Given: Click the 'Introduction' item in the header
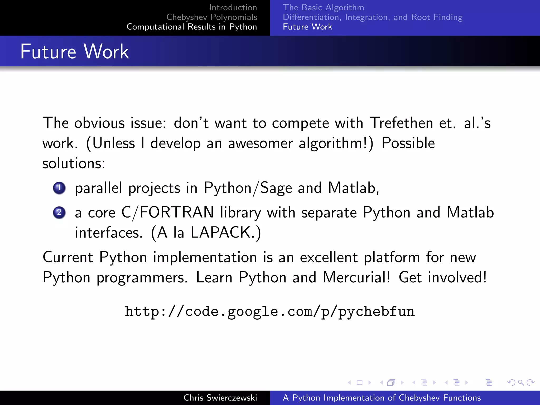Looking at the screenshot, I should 233,7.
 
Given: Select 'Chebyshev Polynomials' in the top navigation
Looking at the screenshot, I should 212,17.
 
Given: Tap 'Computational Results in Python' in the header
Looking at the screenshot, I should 192,27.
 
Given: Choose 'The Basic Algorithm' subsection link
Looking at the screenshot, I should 323,7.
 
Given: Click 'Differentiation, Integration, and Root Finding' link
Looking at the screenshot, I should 373,17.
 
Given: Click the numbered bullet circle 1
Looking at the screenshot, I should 59,188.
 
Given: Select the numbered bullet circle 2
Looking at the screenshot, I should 59,213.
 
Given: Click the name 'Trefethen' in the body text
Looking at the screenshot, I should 401,123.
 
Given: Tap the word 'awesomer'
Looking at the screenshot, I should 260,143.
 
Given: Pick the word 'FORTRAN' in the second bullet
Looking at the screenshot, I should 177,213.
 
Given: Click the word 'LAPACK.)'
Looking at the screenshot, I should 226,233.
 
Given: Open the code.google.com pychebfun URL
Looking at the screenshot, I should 270,311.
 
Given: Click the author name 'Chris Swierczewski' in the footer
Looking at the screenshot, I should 220,398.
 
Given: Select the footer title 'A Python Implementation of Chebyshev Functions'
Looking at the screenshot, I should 382,398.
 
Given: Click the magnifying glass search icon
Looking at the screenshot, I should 521,382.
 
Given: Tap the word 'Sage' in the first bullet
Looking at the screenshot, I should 276,188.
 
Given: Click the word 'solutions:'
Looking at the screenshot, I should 74,163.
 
